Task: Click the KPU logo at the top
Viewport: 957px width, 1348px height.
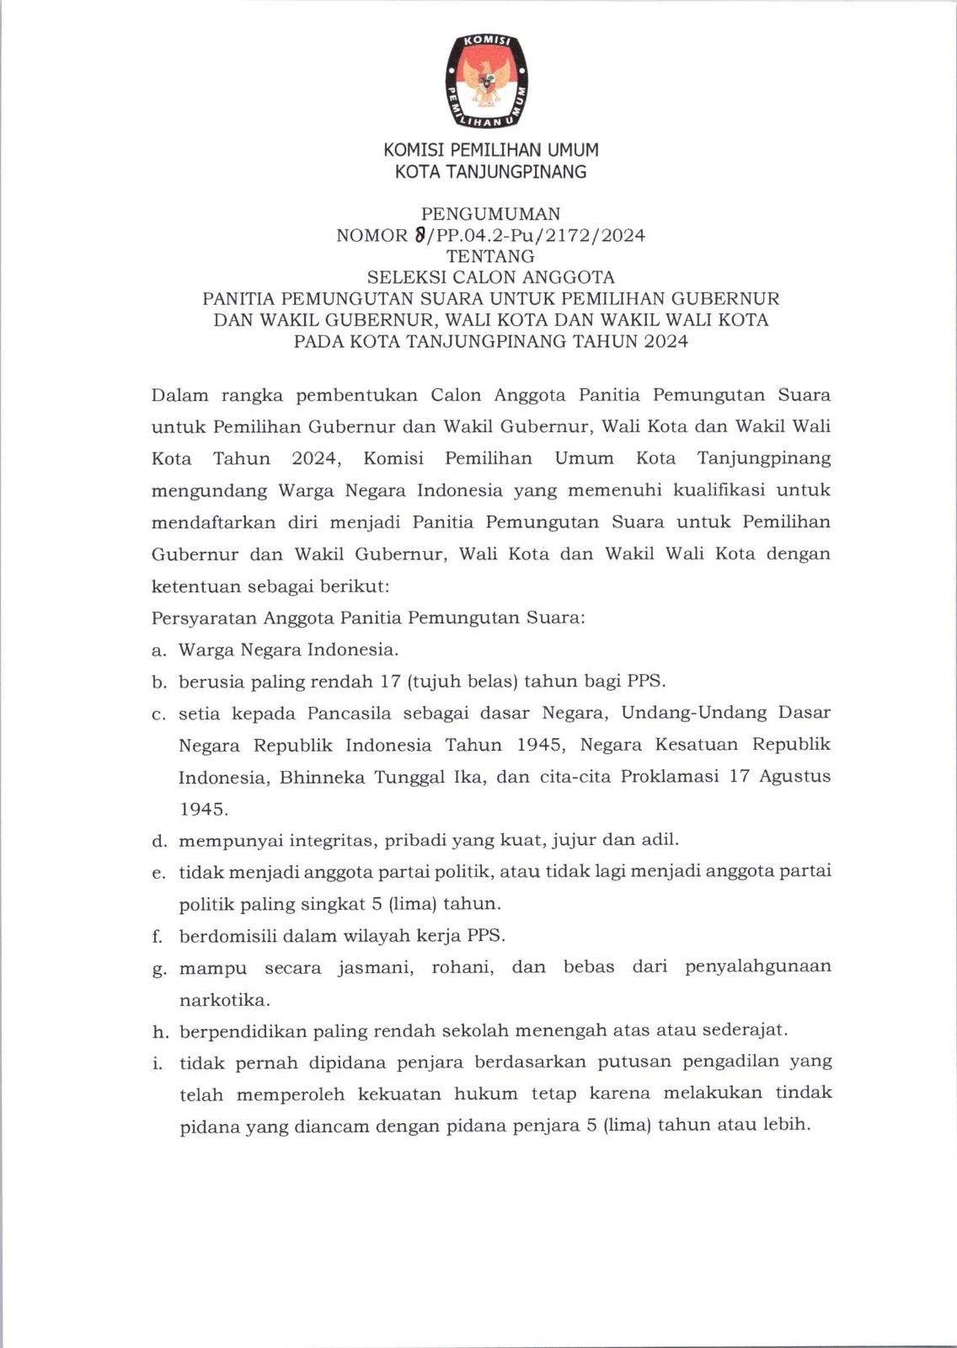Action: click(x=488, y=82)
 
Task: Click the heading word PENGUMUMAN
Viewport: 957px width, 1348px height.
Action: click(x=490, y=214)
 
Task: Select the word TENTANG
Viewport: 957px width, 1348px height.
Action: click(x=490, y=256)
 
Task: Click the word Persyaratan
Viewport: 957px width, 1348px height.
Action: click(x=204, y=618)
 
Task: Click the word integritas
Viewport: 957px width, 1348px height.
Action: click(x=335, y=840)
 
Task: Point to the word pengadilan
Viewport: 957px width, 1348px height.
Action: click(x=739, y=1062)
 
